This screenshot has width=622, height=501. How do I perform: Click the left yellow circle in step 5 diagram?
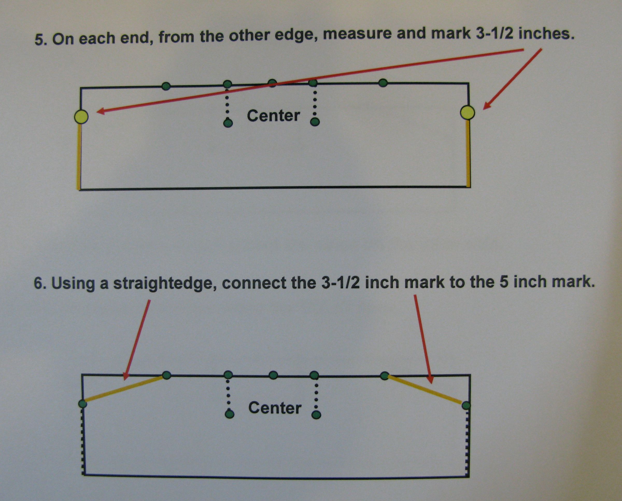(x=81, y=117)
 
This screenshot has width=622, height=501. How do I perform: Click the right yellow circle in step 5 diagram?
(x=467, y=112)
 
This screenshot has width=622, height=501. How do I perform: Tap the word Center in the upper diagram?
(x=273, y=116)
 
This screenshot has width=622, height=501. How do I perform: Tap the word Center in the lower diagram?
(x=275, y=408)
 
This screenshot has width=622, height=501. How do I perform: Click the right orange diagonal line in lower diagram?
(x=425, y=390)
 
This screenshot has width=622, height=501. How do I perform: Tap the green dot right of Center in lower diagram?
(x=316, y=415)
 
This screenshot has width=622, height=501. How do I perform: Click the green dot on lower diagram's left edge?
(x=83, y=404)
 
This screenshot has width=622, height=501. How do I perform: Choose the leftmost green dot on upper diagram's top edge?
(x=166, y=86)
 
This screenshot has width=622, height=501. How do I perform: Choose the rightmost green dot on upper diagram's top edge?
(x=383, y=83)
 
